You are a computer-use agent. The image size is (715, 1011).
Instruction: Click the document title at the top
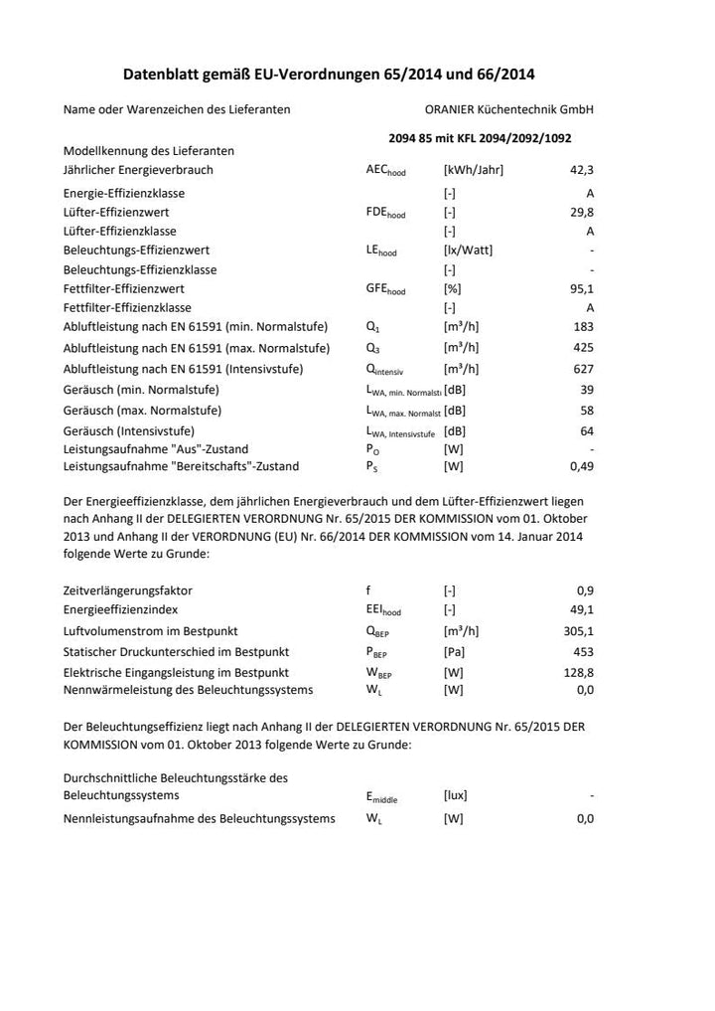click(329, 75)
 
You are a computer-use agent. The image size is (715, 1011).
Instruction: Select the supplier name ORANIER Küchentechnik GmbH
click(508, 109)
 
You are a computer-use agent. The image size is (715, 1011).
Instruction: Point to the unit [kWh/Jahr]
click(473, 170)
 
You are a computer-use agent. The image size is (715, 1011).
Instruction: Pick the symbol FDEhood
click(385, 213)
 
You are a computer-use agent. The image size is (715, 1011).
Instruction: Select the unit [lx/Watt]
click(467, 251)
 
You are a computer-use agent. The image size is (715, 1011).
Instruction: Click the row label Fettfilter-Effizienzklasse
click(127, 308)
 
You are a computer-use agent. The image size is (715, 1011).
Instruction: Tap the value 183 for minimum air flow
click(584, 327)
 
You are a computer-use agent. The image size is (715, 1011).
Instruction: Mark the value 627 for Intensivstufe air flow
click(584, 369)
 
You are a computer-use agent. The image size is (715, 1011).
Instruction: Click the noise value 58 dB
click(587, 411)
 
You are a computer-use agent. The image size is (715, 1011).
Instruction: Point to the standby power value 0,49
click(581, 466)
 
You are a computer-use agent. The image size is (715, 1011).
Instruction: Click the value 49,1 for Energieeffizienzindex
click(581, 609)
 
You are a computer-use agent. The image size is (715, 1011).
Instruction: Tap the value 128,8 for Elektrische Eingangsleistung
click(578, 673)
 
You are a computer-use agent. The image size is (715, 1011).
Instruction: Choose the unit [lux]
click(455, 795)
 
